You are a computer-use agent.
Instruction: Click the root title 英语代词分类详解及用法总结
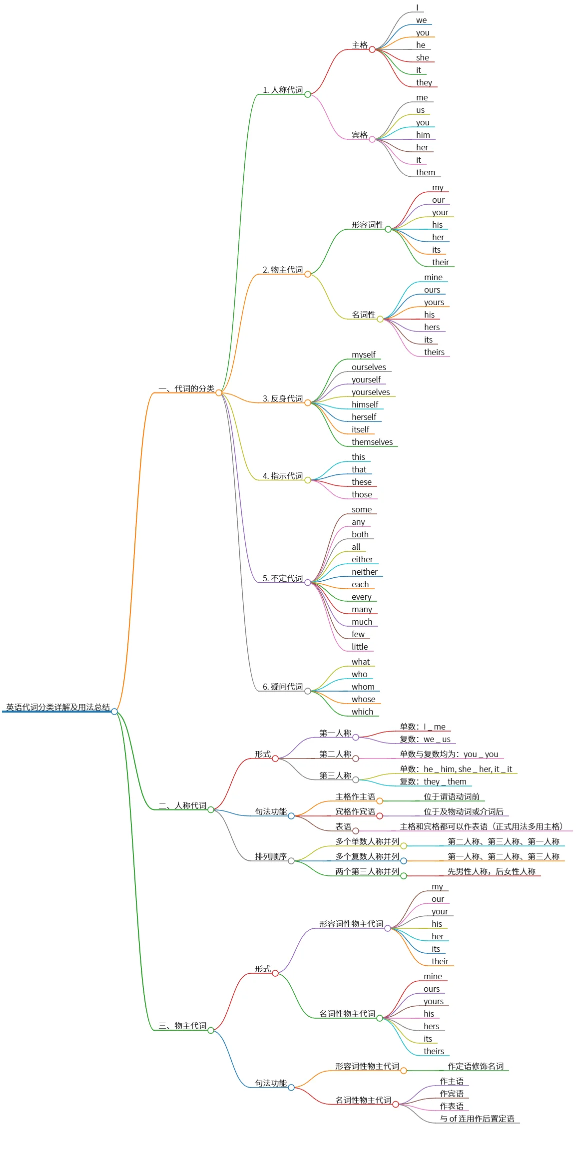58,707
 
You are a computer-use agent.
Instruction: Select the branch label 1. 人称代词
283,90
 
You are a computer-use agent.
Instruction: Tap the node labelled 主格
360,45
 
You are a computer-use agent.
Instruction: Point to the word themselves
372,442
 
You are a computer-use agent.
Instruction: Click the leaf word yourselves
371,392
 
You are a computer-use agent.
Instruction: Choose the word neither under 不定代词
365,572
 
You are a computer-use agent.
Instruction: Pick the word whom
363,687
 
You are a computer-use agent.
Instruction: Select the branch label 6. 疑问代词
283,687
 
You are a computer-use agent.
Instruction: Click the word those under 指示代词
362,494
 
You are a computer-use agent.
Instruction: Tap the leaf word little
360,647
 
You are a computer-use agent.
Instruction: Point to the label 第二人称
335,754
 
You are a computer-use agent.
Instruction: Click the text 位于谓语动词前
452,796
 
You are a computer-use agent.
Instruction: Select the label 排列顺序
271,856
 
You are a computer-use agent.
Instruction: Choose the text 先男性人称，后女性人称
492,871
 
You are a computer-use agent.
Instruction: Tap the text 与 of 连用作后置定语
477,1119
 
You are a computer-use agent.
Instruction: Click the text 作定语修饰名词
476,1066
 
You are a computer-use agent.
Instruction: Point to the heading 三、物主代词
182,1026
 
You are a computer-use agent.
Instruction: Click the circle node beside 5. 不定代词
308,582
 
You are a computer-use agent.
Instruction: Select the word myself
364,355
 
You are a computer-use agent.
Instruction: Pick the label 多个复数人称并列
367,856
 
